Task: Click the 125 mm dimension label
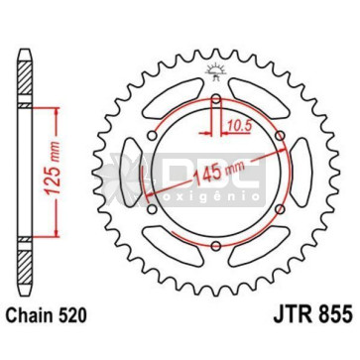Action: tap(53, 169)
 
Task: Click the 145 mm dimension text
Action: tap(218, 171)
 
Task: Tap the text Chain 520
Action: tap(47, 315)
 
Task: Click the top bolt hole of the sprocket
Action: tap(216, 99)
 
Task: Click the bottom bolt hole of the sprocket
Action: tap(216, 246)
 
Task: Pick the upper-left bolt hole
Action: tap(152, 136)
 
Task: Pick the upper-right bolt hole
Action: tap(280, 136)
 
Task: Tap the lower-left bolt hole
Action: tap(152, 209)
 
